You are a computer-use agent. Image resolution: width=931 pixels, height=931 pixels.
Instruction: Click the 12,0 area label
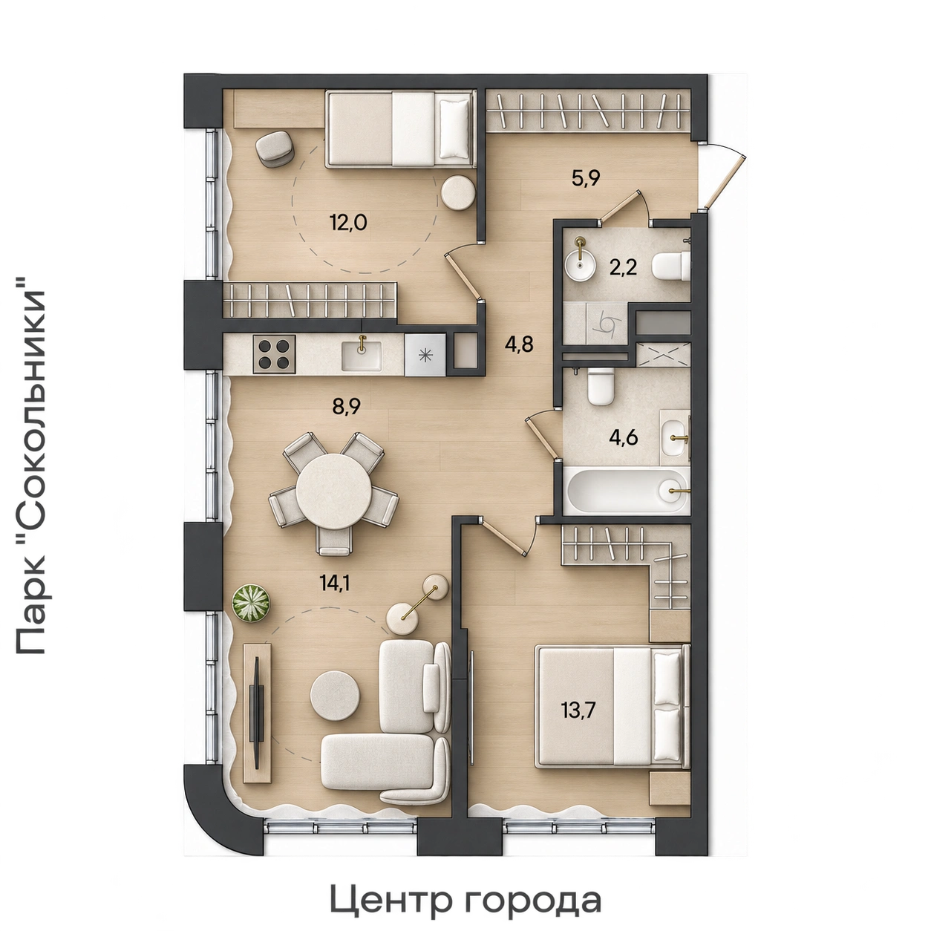tap(348, 223)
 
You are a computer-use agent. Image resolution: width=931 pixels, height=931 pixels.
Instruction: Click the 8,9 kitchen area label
tap(347, 407)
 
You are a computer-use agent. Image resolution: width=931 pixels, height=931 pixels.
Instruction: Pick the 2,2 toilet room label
tap(622, 267)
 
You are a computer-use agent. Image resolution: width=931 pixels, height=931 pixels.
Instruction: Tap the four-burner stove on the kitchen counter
tap(274, 353)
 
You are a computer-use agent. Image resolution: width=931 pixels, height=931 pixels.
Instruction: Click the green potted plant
tap(251, 604)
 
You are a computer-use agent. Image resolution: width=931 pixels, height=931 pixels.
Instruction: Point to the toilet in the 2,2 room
tap(670, 267)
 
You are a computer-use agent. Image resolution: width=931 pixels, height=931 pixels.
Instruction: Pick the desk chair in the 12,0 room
tap(275, 148)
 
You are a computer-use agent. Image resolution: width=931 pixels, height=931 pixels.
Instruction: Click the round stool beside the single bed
tap(457, 192)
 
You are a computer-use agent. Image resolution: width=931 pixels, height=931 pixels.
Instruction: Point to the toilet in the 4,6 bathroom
tap(600, 387)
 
